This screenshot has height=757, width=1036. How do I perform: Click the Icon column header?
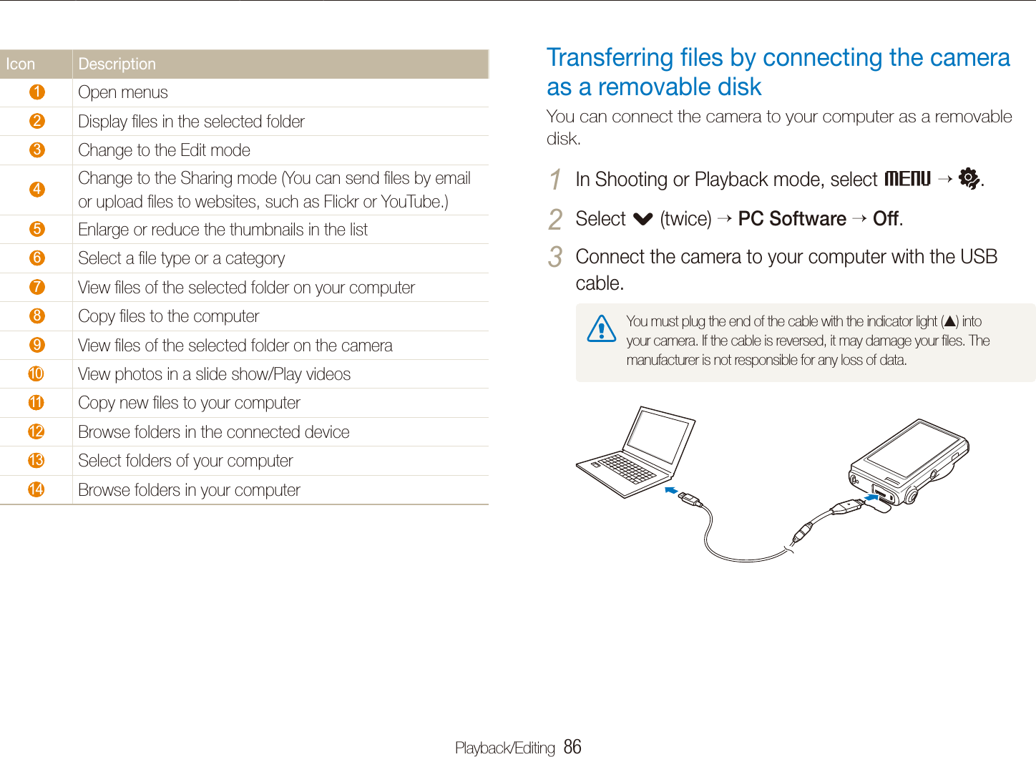[x=21, y=64]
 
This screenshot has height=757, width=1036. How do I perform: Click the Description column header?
[x=117, y=64]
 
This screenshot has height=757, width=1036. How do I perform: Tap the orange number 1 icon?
[x=37, y=92]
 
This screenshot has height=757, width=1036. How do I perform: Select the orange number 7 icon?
[x=37, y=287]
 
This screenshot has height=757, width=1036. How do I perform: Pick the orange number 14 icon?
[x=36, y=489]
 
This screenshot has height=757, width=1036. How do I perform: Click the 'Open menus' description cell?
[x=123, y=93]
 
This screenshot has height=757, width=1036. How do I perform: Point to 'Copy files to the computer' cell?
[x=169, y=316]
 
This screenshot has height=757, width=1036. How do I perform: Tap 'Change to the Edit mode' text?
[x=164, y=150]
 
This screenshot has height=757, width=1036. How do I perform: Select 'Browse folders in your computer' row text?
[x=189, y=490]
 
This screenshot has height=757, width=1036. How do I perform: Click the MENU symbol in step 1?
[x=907, y=179]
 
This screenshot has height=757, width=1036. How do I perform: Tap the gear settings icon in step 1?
[x=969, y=179]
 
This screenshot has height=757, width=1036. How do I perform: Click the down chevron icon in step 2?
[x=642, y=219]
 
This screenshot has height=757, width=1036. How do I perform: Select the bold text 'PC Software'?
[x=792, y=219]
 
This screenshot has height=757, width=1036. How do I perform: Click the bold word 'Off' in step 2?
[x=886, y=219]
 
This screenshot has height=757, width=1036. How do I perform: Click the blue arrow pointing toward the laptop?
[x=670, y=490]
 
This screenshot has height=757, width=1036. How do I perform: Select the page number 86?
[x=572, y=747]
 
